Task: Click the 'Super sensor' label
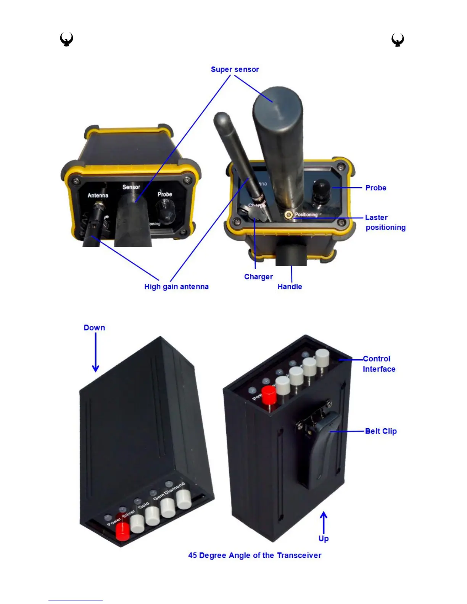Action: [235, 69]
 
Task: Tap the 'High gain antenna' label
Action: [176, 287]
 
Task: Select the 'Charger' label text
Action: [258, 277]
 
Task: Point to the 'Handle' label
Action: [290, 287]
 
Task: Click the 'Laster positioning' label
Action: [385, 222]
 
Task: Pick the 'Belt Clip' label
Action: [381, 431]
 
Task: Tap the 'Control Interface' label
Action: [378, 364]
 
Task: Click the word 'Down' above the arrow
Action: [94, 328]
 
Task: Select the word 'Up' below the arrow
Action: [324, 538]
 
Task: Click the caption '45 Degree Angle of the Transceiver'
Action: [254, 555]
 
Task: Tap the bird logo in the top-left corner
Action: [67, 39]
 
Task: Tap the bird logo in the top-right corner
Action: [398, 40]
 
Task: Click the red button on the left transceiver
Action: [122, 531]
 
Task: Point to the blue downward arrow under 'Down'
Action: [95, 353]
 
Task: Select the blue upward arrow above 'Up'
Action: [324, 522]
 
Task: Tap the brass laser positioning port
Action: [289, 215]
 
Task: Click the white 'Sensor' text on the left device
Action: [131, 187]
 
